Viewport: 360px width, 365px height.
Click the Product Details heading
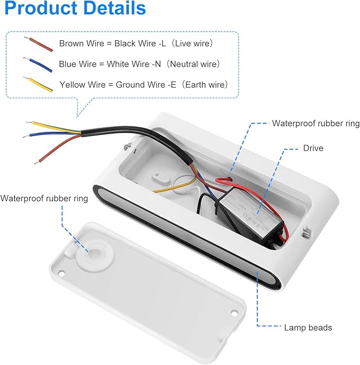[x=75, y=8]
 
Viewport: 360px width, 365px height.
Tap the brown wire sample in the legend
[x=39, y=44]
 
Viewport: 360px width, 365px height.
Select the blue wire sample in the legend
[x=38, y=65]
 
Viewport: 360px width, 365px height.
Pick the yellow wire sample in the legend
[x=38, y=84]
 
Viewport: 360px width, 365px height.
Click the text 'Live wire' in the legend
[x=193, y=43]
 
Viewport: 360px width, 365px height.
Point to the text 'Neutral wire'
[x=195, y=64]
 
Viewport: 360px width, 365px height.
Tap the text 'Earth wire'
[x=205, y=85]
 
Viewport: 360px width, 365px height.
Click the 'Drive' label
[x=313, y=148]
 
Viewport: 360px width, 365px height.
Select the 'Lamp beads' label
[x=308, y=327]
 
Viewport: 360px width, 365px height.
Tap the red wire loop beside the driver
[x=223, y=180]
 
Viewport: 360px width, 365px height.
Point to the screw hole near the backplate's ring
[x=62, y=273]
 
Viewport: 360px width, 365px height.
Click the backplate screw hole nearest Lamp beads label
[x=234, y=313]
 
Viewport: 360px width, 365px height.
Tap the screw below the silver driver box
[x=307, y=233]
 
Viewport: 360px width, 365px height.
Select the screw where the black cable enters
[x=127, y=146]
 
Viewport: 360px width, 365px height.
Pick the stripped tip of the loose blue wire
[x=25, y=136]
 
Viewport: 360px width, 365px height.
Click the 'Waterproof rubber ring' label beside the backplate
[x=44, y=198]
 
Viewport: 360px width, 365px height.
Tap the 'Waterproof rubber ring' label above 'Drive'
[x=315, y=123]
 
